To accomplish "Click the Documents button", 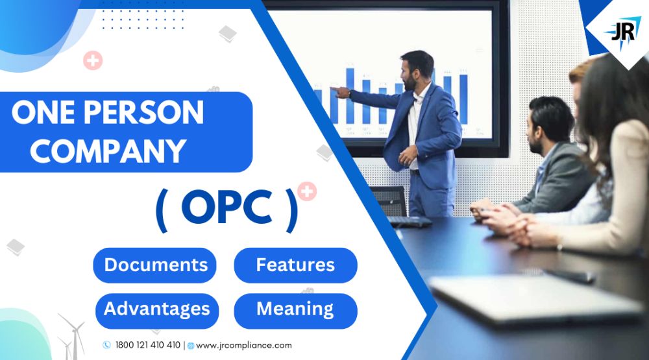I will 155,265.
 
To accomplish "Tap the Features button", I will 295,265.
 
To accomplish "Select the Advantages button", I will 156,309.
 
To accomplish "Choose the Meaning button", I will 295,309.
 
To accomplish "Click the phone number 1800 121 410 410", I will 148,345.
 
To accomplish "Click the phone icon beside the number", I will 106,345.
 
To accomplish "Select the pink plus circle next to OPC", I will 307,191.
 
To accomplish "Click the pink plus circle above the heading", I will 93,61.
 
